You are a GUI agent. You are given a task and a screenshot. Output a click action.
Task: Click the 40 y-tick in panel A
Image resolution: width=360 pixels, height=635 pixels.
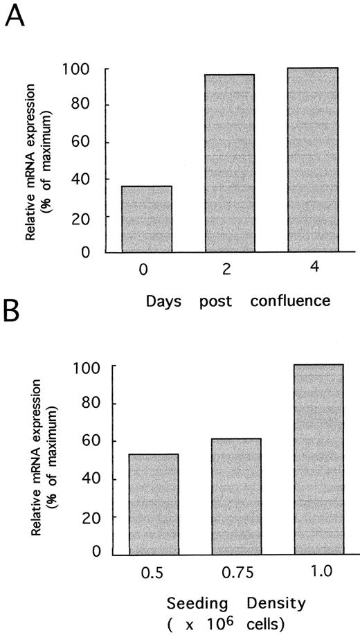tap(96, 179)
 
